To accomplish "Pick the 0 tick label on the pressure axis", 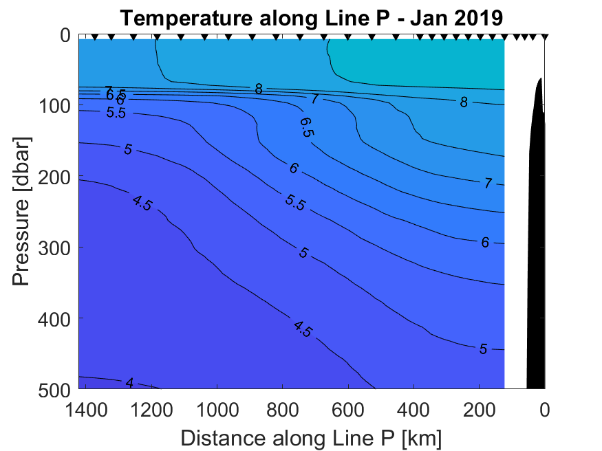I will coord(65,35).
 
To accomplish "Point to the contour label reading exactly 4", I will coord(128,382).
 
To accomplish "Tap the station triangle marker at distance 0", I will coord(544,36).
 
